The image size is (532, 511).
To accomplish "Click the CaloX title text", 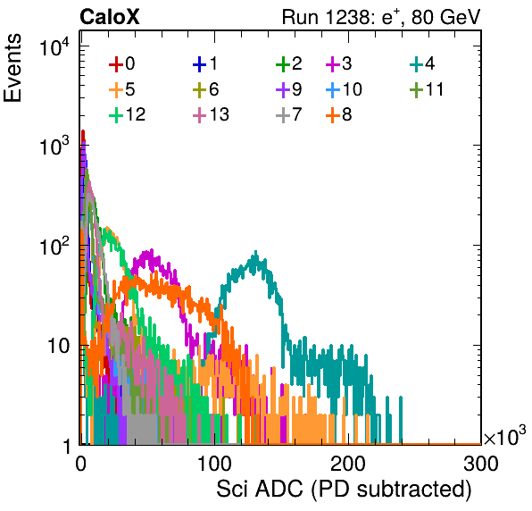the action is [x=110, y=17].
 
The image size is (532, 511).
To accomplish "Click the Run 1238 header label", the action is [x=381, y=17].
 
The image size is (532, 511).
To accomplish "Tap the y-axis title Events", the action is [x=12, y=68].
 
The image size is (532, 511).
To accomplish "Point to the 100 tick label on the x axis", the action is [x=214, y=465].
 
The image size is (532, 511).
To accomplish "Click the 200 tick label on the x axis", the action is [x=348, y=465].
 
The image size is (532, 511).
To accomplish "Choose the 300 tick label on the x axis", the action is [x=481, y=465].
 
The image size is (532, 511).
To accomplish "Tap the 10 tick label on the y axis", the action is [x=58, y=346].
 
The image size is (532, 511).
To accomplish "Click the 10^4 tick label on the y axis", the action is [x=54, y=46].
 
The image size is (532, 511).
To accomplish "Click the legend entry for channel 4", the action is [x=422, y=63].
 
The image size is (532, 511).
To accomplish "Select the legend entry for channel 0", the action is [x=121, y=63].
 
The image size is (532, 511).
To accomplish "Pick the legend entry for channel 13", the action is [x=211, y=114].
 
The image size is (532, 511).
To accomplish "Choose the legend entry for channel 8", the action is [x=338, y=114].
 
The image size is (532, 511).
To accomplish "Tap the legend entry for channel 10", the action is [x=344, y=89].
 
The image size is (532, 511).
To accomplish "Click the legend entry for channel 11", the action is [x=427, y=89].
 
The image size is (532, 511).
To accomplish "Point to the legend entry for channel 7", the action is [x=288, y=114].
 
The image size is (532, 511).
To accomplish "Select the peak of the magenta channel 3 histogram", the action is [x=152, y=251].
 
